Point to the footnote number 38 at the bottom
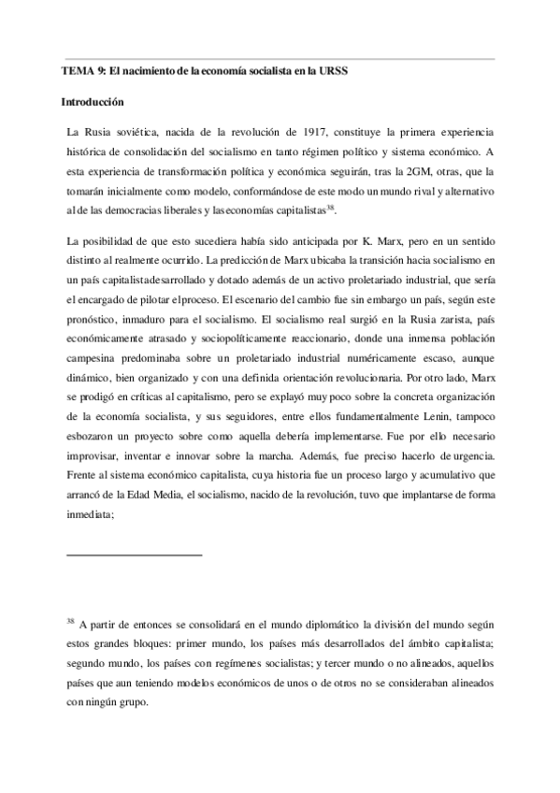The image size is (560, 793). (x=70, y=620)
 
